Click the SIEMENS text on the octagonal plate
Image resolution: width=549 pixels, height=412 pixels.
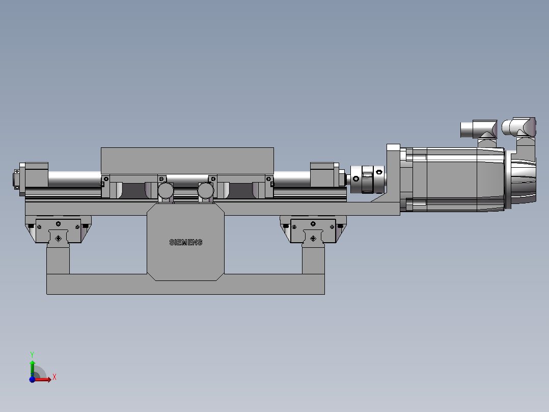click(x=185, y=242)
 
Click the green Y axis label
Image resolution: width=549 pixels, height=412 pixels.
click(x=32, y=355)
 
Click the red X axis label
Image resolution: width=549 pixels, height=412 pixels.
click(x=54, y=377)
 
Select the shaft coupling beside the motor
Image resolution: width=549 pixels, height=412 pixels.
click(x=367, y=179)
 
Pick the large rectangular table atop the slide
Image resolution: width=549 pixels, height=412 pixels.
click(x=187, y=161)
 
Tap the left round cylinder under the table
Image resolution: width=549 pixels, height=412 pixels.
click(x=166, y=191)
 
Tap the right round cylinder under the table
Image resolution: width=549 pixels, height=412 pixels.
click(x=206, y=191)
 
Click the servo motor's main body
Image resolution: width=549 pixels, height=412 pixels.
click(x=455, y=179)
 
